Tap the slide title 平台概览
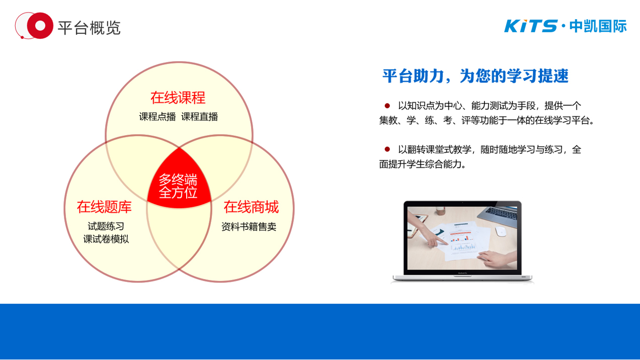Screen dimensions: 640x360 [x=89, y=28]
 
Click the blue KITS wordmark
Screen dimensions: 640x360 [x=531, y=26]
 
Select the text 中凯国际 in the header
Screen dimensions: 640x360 [x=598, y=26]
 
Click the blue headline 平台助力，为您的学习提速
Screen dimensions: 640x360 [x=475, y=76]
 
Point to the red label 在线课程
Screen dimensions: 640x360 [x=178, y=98]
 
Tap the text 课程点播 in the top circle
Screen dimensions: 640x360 [x=157, y=117]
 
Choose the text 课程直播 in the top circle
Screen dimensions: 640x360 [x=200, y=117]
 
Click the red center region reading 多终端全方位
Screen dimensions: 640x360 [x=178, y=186]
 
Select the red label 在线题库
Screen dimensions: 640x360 [x=104, y=207]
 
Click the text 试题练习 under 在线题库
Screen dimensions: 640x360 [x=106, y=226]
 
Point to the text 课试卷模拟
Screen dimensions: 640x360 [x=106, y=239]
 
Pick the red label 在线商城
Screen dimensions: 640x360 [x=251, y=207]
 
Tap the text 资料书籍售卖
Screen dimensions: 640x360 [x=249, y=227]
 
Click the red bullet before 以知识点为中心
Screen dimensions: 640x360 [x=387, y=106]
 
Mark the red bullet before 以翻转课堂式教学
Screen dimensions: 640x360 [x=387, y=149]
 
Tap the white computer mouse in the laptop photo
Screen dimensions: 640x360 [x=501, y=231]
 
